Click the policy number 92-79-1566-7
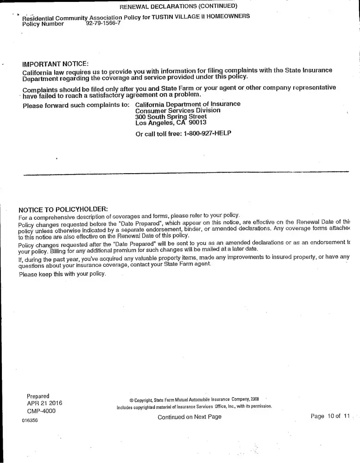coord(103,24)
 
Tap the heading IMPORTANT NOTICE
coord(55,63)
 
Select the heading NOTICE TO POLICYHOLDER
coord(63,209)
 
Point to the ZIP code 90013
coord(198,123)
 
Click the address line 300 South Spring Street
coord(171,117)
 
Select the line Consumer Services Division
coord(178,111)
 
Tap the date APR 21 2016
coord(44,403)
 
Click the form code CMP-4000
coord(41,411)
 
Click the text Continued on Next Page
coord(189,417)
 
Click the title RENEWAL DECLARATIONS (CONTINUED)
coord(178,6)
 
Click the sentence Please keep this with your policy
coord(63,274)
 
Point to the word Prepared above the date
coord(38,396)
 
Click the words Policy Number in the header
coord(43,24)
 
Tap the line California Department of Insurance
coord(188,104)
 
